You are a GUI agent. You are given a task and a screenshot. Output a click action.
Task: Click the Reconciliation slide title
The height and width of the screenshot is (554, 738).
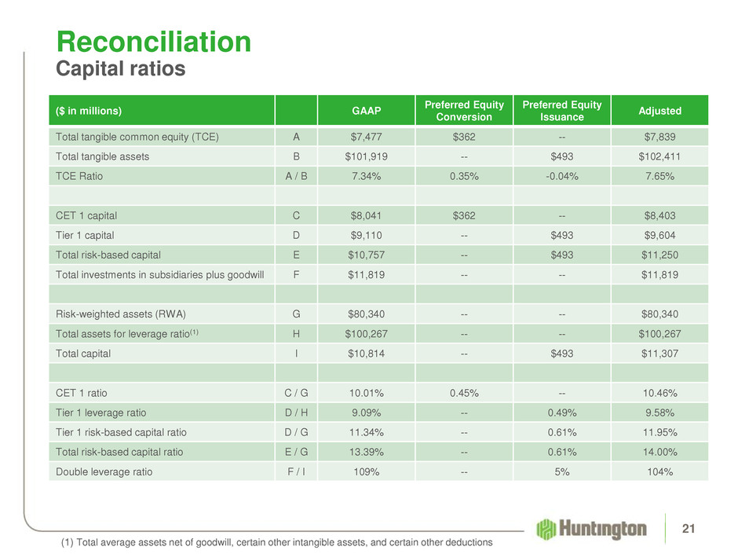tap(153, 41)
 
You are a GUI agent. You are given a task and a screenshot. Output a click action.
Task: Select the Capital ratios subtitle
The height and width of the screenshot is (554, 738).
tap(120, 69)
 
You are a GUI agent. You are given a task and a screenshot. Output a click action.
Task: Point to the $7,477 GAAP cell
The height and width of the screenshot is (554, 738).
tap(367, 136)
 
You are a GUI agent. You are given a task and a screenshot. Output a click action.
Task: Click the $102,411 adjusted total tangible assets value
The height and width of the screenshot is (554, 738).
tap(659, 156)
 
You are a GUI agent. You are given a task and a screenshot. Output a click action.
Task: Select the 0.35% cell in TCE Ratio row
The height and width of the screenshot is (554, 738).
tap(465, 177)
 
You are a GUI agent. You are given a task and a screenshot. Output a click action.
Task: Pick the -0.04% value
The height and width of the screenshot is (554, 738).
tap(562, 177)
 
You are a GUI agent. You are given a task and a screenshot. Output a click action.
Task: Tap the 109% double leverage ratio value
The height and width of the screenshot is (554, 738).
tap(367, 472)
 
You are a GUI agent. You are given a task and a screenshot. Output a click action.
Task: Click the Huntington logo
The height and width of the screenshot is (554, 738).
tap(593, 528)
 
